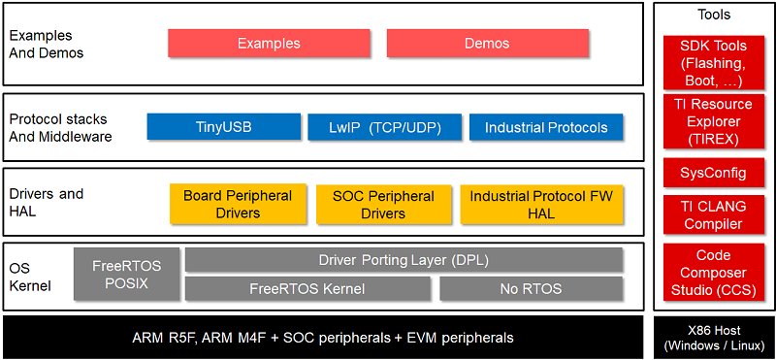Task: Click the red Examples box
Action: [x=269, y=44]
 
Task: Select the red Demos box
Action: [x=487, y=44]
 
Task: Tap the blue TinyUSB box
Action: [x=222, y=127]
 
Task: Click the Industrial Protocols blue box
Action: [x=546, y=127]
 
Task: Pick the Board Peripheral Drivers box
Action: [x=237, y=204]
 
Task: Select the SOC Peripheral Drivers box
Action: [x=383, y=204]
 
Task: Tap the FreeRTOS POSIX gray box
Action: [x=126, y=274]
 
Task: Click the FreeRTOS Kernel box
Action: [x=307, y=288]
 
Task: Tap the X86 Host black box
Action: [x=714, y=337]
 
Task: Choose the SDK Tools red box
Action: [x=714, y=63]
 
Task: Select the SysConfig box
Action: [x=714, y=174]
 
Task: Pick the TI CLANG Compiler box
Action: [x=714, y=215]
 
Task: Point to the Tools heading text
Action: [x=714, y=15]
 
